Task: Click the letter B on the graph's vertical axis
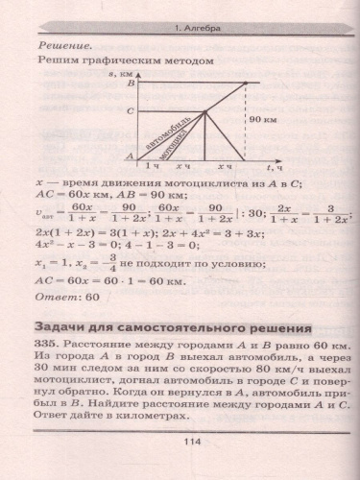click(131, 85)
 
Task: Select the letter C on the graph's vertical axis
click(131, 112)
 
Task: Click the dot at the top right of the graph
click(248, 84)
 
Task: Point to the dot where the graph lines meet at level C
click(205, 112)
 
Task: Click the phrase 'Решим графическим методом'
click(122, 60)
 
